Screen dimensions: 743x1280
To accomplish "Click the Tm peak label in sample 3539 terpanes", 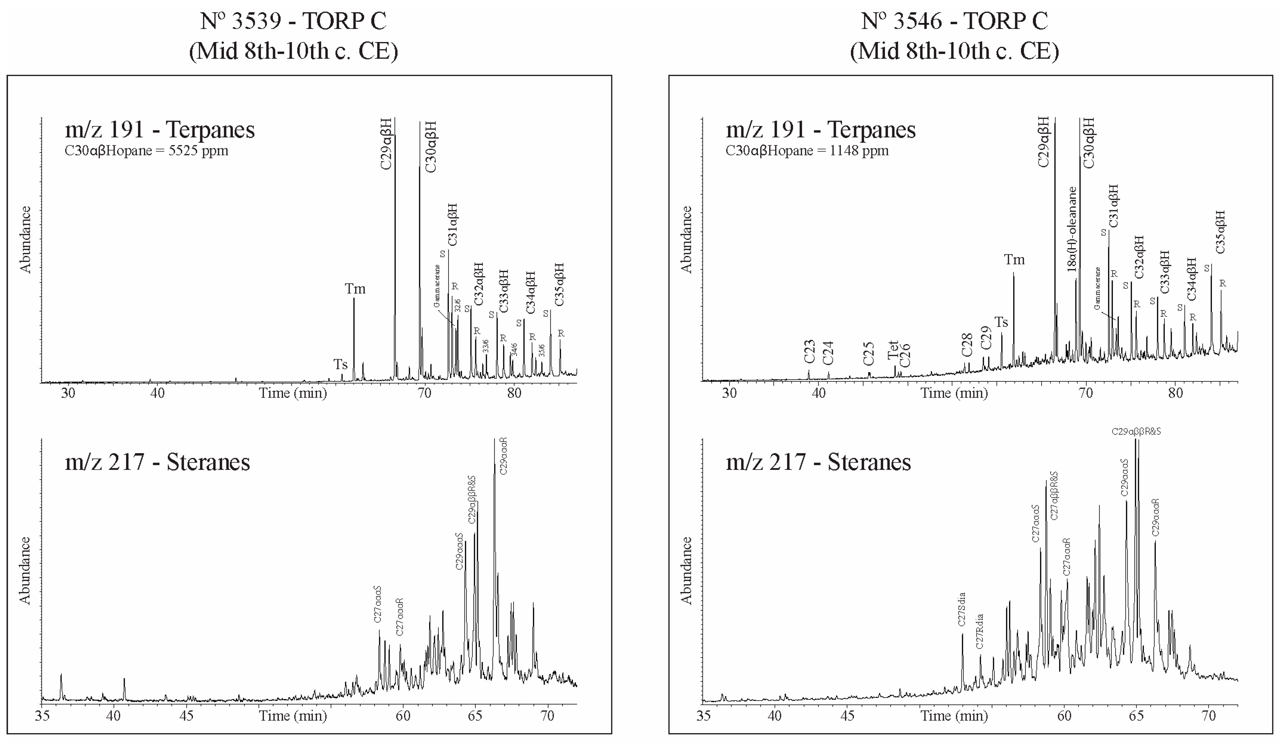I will pyautogui.click(x=355, y=289).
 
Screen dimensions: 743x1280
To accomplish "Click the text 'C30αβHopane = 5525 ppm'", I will pyautogui.click(x=146, y=151).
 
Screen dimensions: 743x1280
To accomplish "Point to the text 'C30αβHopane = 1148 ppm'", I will pyautogui.click(x=807, y=151).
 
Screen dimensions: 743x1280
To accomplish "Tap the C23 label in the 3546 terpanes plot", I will pyautogui.click(x=810, y=352).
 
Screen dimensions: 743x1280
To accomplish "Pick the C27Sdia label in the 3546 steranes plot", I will pyautogui.click(x=961, y=609).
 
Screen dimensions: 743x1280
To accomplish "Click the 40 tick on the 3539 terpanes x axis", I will pyautogui.click(x=158, y=393).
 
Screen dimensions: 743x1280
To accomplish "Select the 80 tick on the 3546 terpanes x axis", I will pyautogui.click(x=1175, y=393).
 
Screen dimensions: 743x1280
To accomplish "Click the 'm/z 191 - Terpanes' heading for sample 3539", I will pyautogui.click(x=160, y=130).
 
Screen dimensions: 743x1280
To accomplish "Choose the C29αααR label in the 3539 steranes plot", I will pyautogui.click(x=503, y=456).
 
